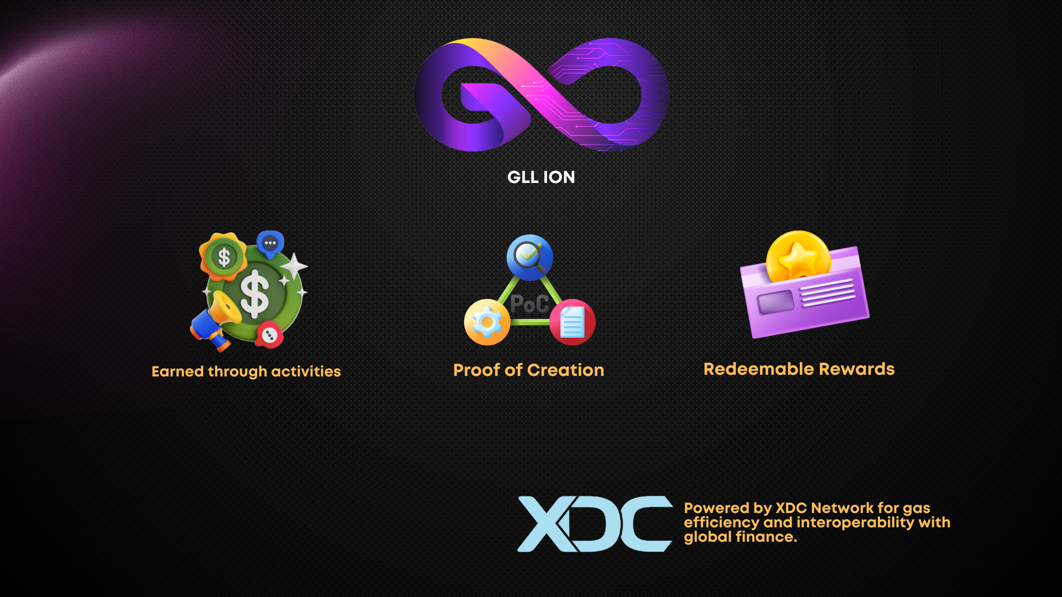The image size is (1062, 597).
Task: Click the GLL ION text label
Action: pyautogui.click(x=541, y=177)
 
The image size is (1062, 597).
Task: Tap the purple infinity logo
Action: pyautogui.click(x=542, y=95)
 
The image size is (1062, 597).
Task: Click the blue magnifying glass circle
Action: pyautogui.click(x=529, y=257)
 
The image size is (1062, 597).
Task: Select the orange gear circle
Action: pyautogui.click(x=487, y=322)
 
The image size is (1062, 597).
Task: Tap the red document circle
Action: pyautogui.click(x=572, y=322)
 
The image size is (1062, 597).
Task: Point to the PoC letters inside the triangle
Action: pyautogui.click(x=529, y=304)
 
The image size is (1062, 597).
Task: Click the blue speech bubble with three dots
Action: pyautogui.click(x=270, y=244)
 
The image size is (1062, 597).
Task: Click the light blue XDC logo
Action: pyautogui.click(x=595, y=523)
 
